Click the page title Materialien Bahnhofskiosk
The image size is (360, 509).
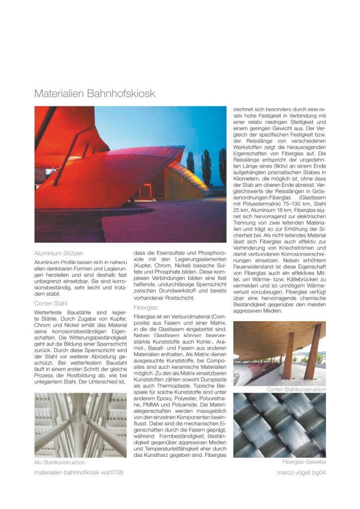point(94,94)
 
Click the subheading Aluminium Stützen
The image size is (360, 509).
point(59,254)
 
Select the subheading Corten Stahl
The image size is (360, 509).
point(51,303)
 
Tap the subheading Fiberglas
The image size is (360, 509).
point(146,308)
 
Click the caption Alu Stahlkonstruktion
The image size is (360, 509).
point(59,462)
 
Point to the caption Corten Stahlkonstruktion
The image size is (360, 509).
point(296,389)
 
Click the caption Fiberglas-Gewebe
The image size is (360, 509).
point(304,462)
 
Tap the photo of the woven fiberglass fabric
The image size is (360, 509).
point(279,425)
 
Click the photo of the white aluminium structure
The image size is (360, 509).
point(81,425)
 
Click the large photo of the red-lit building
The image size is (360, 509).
point(130,174)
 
